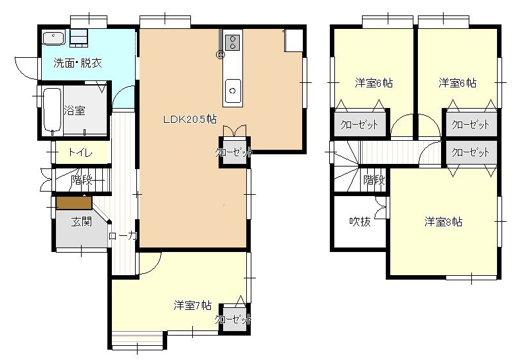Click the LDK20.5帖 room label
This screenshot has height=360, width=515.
point(190,119)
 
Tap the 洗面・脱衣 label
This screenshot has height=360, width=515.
point(78,63)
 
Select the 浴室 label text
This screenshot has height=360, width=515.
point(75,111)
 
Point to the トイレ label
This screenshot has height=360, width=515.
point(80,152)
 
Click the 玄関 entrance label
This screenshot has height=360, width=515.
point(82,222)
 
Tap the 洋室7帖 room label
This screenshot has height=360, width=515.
point(192,305)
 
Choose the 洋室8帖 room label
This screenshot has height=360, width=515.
point(443,222)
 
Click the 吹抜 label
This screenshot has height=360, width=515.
point(360,222)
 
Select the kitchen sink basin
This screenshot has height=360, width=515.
point(233,91)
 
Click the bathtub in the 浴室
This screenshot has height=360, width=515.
point(52,110)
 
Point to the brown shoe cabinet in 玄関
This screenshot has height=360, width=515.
point(74,203)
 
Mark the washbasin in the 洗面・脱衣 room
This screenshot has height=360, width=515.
point(53,39)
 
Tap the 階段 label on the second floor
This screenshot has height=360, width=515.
point(374,179)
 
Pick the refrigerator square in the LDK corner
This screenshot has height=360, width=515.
point(294,40)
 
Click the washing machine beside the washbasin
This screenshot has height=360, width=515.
point(79,37)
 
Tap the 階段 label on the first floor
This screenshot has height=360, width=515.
point(82,179)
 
